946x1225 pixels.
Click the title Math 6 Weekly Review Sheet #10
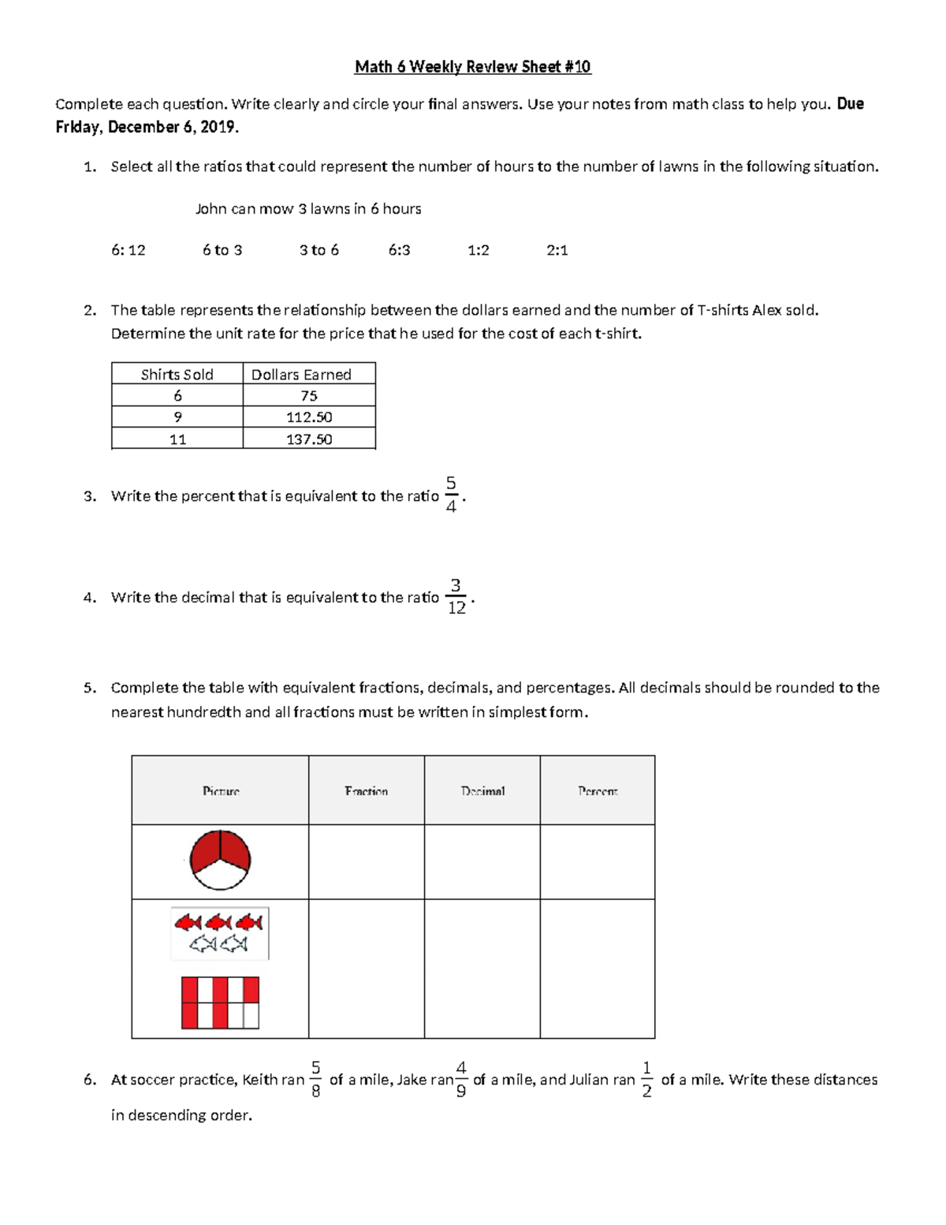click(472, 67)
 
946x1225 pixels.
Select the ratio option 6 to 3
click(222, 250)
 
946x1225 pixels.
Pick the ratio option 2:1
click(557, 250)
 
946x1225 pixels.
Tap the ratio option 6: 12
click(128, 250)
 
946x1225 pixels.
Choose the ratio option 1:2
click(478, 250)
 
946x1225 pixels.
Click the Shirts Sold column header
click(177, 375)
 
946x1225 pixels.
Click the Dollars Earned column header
click(301, 375)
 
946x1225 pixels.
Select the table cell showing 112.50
click(309, 417)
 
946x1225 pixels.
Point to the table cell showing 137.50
click(309, 439)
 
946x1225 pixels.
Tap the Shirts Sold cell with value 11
click(177, 439)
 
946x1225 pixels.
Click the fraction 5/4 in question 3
click(451, 495)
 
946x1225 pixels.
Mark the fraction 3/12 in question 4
click(456, 596)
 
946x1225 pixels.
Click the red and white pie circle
click(220, 861)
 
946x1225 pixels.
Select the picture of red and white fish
click(220, 932)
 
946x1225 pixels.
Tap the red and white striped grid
click(220, 1003)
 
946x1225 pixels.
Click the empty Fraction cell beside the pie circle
click(367, 861)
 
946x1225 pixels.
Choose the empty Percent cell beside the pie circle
click(598, 861)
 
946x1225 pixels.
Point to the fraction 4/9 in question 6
click(461, 1079)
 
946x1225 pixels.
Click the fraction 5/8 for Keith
click(315, 1079)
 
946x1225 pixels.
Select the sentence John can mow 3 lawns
click(308, 209)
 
